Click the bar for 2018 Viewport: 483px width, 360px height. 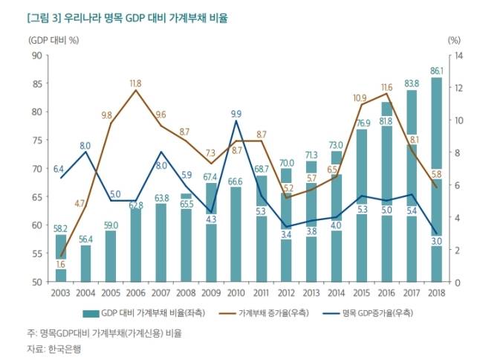point(436,179)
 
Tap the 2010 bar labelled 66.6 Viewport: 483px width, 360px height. point(236,234)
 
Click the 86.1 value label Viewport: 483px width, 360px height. point(436,71)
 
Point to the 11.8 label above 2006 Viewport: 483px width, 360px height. point(135,83)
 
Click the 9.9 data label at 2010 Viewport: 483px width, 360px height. point(236,114)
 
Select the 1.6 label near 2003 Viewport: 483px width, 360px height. point(60,264)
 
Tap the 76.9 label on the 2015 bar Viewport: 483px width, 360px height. point(362,123)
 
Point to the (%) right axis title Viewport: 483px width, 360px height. point(455,39)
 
